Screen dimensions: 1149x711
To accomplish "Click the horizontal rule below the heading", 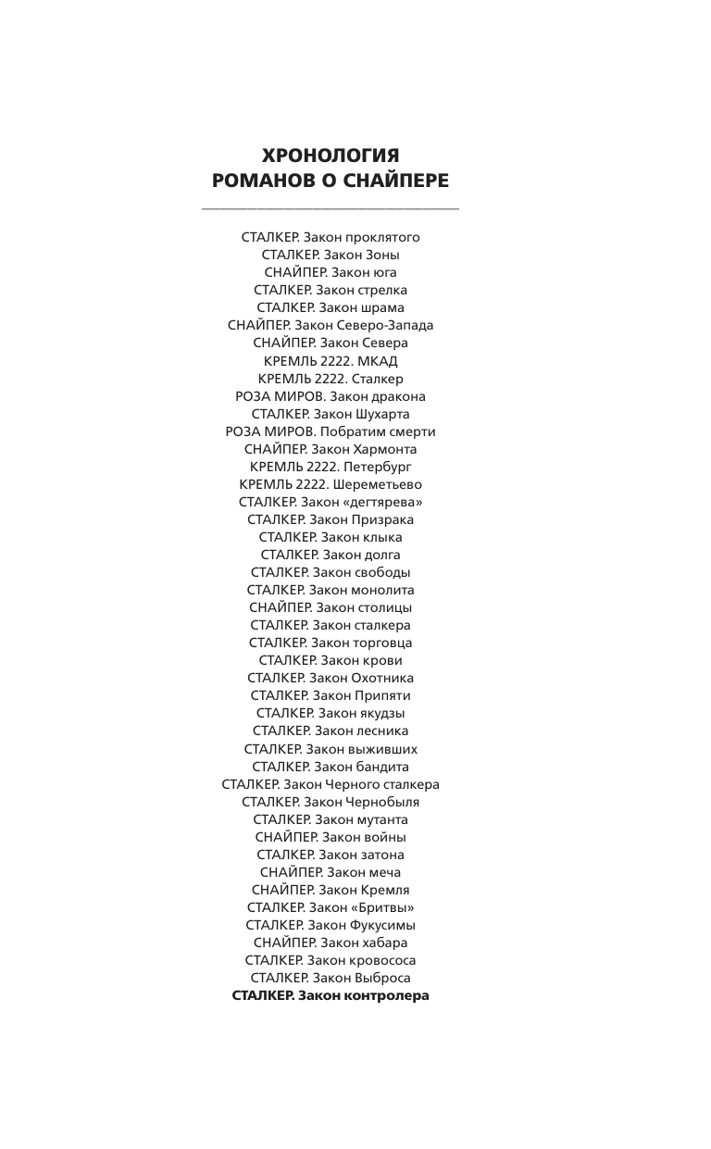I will [331, 209].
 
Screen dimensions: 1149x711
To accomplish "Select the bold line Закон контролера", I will [331, 995].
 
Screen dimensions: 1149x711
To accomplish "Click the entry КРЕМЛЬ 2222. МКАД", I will [331, 361].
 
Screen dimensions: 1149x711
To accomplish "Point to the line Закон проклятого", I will [331, 237].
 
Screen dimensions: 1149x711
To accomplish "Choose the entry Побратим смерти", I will [331, 431].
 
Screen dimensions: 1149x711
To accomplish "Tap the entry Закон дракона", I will [331, 396].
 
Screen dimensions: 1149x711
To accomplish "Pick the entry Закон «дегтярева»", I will [331, 502].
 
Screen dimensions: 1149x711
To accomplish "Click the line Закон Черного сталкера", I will [331, 784].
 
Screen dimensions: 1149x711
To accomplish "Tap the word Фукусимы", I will [381, 925].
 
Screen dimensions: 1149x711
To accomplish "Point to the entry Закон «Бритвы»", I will [331, 907].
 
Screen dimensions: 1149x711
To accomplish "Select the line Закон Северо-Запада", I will [331, 325].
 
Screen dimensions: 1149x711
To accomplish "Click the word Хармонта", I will [380, 449].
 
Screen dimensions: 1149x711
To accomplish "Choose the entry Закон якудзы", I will [331, 713].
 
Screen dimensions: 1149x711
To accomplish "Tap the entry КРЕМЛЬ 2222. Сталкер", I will [331, 379].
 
